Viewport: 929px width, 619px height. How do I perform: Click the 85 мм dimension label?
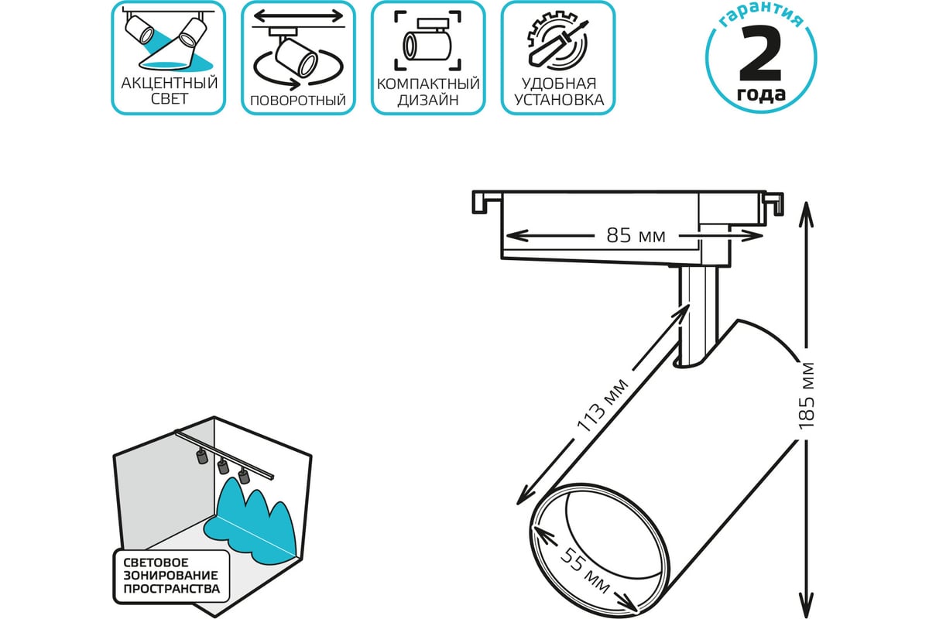click(636, 235)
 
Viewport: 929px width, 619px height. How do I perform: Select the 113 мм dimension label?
click(602, 405)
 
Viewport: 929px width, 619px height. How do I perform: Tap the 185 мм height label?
click(806, 395)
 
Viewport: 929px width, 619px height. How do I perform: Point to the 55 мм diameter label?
click(584, 570)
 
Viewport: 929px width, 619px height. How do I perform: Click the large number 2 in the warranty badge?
click(760, 53)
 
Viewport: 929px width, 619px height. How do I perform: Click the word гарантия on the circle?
click(761, 16)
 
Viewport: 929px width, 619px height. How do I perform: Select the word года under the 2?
click(761, 94)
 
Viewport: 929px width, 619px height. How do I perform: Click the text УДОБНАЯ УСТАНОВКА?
click(559, 91)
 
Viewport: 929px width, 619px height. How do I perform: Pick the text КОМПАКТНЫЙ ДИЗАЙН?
click(428, 91)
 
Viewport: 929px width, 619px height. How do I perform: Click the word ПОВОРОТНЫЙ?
click(298, 101)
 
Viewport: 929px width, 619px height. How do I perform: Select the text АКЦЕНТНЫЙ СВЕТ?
click(170, 91)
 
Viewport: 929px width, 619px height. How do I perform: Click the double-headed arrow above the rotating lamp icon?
click(299, 16)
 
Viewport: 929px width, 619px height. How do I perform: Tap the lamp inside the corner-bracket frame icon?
click(427, 42)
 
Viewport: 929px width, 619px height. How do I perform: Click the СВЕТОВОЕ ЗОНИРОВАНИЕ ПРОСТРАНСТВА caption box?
click(171, 576)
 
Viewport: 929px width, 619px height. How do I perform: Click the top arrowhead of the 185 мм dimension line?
click(806, 214)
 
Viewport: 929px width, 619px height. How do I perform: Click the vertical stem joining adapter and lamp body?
click(698, 315)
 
